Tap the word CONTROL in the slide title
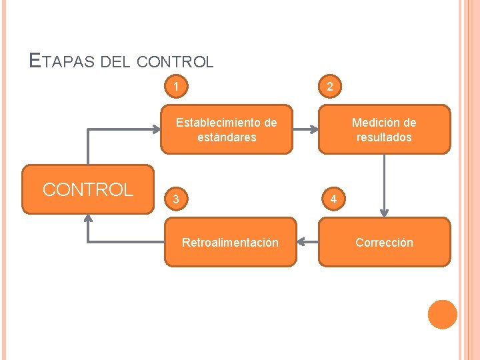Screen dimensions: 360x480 [x=174, y=63]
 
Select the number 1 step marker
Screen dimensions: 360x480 [x=175, y=86]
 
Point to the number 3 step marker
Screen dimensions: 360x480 [x=175, y=199]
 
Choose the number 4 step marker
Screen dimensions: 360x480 [x=329, y=199]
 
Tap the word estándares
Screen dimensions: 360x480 [x=227, y=137]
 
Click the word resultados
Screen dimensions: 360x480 [x=384, y=137]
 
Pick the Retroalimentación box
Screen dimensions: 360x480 [x=230, y=243]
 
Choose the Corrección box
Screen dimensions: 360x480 [x=384, y=243]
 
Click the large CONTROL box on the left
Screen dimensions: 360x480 [x=88, y=189]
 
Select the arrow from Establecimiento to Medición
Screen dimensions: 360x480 [x=306, y=129]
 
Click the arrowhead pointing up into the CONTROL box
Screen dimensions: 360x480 [x=88, y=221]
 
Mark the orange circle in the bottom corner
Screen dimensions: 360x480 [x=442, y=315]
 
